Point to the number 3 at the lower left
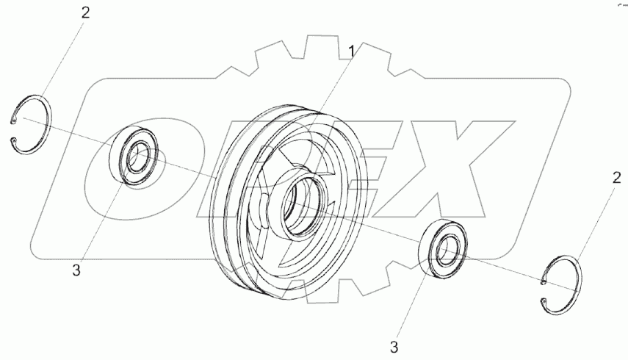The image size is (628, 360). click(x=76, y=270)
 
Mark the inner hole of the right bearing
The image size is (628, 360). click(x=447, y=251)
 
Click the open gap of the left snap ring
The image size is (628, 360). click(x=14, y=130)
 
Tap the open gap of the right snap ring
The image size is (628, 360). click(x=544, y=291)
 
